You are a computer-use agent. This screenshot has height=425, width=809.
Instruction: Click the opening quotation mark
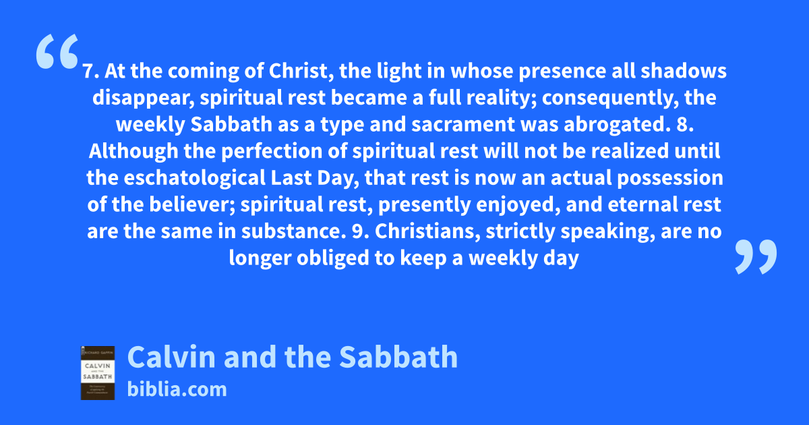(57, 51)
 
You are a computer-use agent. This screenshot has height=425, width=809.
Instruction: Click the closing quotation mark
(756, 256)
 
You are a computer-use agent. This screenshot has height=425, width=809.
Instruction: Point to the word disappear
(144, 98)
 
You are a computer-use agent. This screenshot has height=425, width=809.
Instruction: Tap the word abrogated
(614, 125)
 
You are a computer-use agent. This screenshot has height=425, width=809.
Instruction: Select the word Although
(133, 151)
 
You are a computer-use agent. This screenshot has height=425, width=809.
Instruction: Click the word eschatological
(195, 178)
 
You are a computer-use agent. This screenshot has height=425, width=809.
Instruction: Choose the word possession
(670, 179)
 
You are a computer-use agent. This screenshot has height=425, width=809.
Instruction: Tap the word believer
(192, 205)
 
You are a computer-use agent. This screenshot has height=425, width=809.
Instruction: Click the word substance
(291, 231)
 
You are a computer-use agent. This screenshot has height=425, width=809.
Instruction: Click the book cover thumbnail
(98, 373)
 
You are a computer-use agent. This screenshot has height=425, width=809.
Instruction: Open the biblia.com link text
(177, 389)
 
